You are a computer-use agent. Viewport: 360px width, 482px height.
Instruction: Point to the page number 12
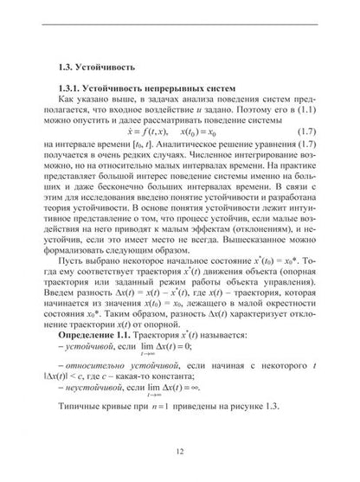tap(180, 450)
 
